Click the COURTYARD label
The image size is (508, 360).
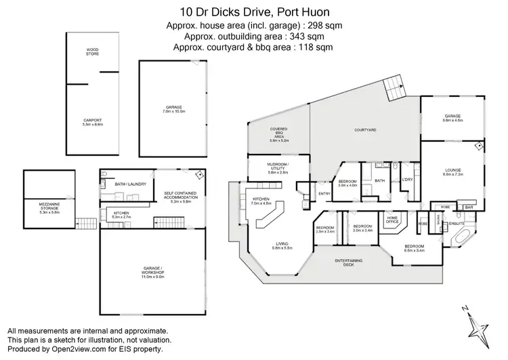pos(365,130)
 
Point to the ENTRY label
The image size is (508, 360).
pos(324,195)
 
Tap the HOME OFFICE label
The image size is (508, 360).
pos(393,220)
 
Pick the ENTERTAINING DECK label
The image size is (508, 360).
pos(350,262)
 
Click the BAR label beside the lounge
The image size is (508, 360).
pos(469,207)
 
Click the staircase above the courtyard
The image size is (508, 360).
pos(394,86)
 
